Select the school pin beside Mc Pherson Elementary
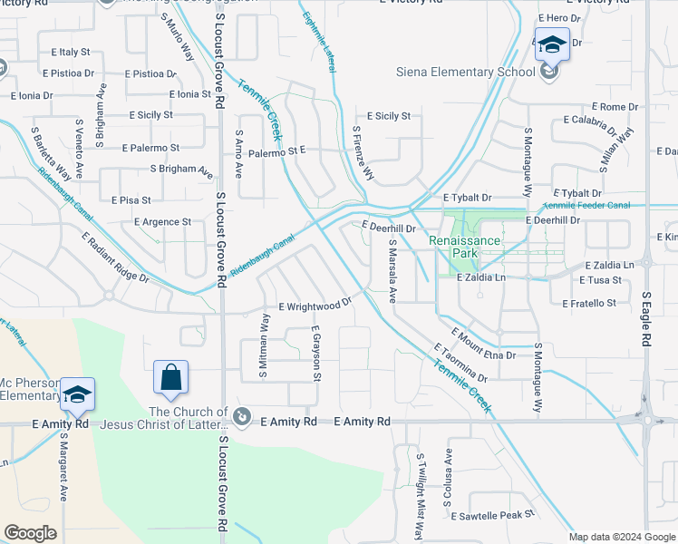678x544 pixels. [x=78, y=394]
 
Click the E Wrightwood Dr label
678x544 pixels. [x=314, y=306]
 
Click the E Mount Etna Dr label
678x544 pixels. [x=482, y=345]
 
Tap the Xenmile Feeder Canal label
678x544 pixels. [x=586, y=206]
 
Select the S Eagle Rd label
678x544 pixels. [x=646, y=318]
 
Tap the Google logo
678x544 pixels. [x=30, y=533]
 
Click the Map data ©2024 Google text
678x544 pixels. [x=622, y=537]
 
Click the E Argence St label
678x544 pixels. [x=162, y=221]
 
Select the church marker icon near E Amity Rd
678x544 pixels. [x=242, y=416]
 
